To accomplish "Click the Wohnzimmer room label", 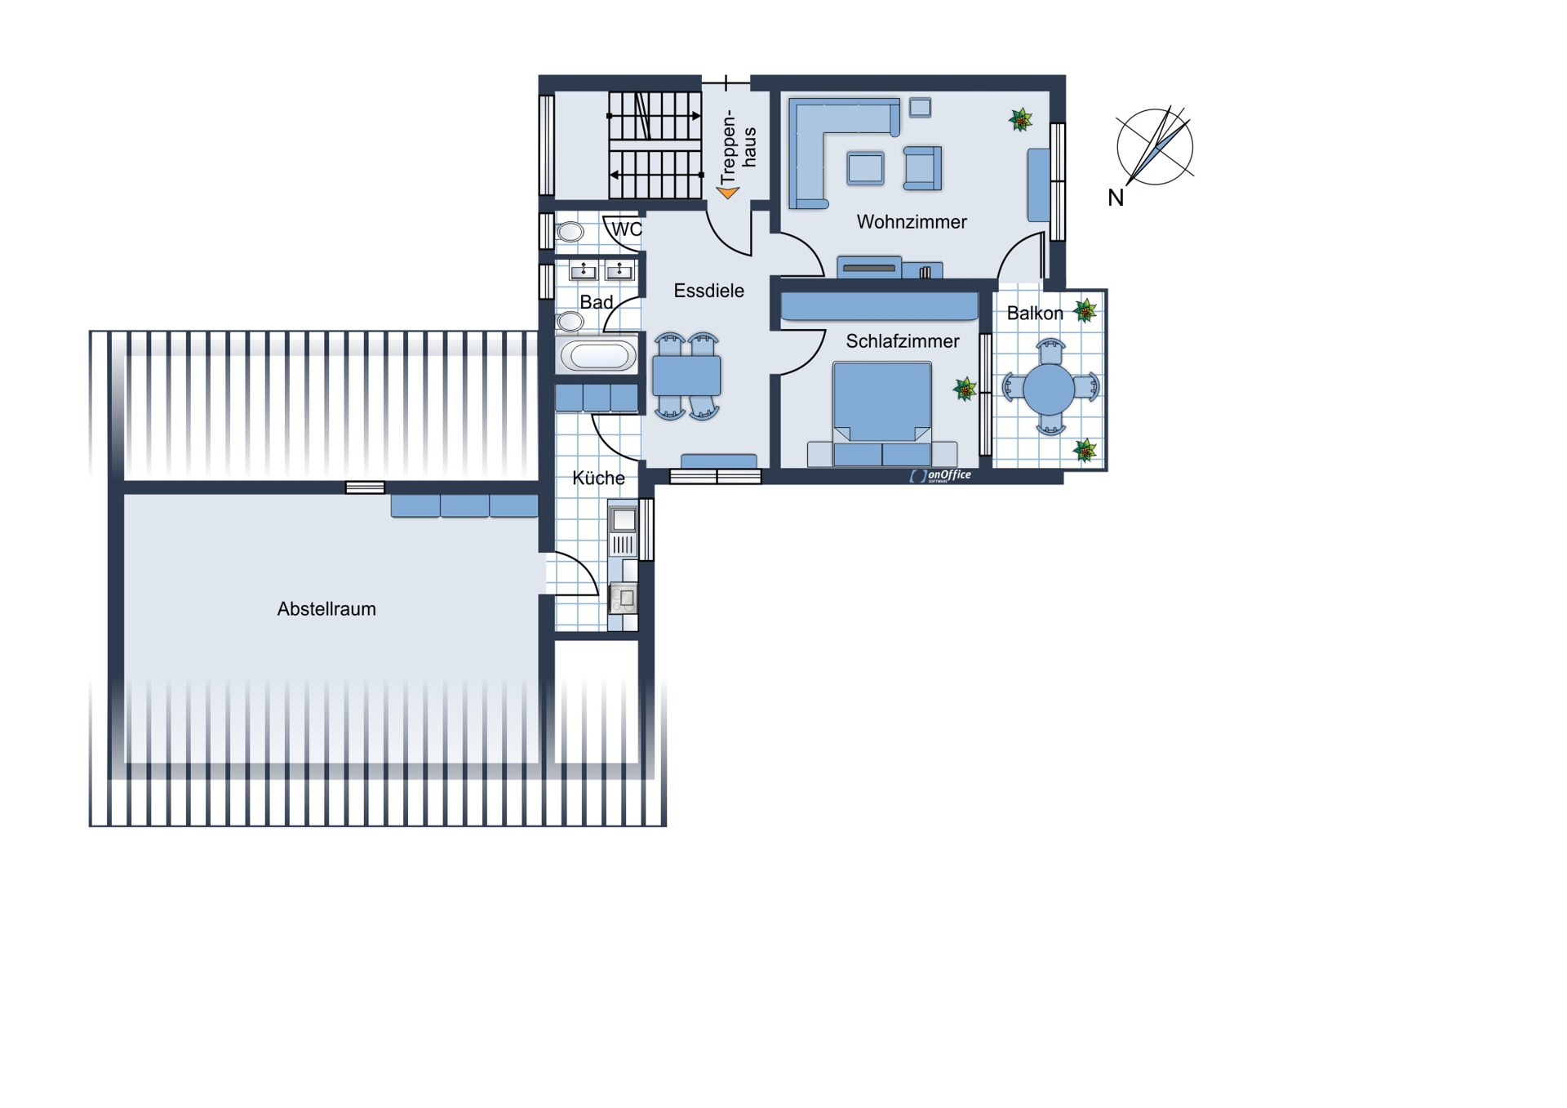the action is [911, 222].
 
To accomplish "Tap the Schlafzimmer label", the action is [902, 341].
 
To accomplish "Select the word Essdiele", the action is [708, 291].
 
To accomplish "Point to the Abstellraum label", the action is [326, 609].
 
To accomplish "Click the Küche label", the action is [598, 478].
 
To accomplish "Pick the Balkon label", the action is [1035, 314].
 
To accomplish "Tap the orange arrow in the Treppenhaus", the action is [727, 193].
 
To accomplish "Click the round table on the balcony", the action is [1050, 389].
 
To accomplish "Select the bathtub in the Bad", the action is [598, 355].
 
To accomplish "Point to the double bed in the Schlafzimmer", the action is [881, 414].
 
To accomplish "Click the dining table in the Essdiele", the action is [686, 376].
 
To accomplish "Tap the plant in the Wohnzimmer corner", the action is [1020, 120].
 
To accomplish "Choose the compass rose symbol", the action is [1155, 147].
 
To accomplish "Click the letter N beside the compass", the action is [1116, 198].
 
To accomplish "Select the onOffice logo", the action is [940, 475].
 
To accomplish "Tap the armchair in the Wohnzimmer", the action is [922, 168].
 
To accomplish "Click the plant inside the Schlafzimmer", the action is [966, 389].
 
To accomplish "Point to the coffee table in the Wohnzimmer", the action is [865, 168].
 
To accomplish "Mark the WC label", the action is [627, 229].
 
